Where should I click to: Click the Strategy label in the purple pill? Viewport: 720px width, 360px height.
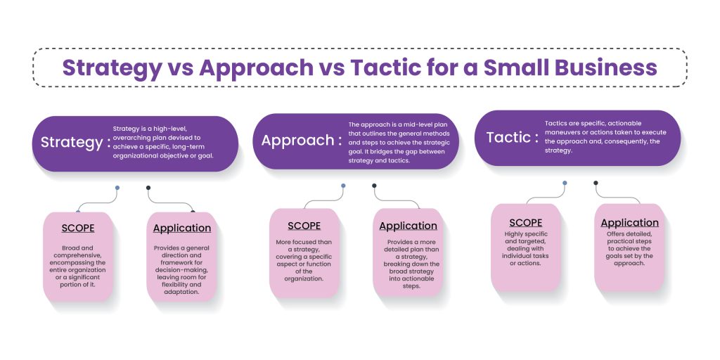pyautogui.click(x=71, y=143)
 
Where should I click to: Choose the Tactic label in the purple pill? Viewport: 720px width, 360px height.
pyautogui.click(x=508, y=136)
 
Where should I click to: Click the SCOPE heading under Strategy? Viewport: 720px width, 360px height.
pyautogui.click(x=77, y=228)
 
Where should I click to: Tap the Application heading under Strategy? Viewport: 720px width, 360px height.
pyautogui.click(x=182, y=228)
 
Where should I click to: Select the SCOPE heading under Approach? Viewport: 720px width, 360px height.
pyautogui.click(x=304, y=226)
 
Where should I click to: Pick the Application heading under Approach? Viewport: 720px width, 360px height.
pyautogui.click(x=408, y=226)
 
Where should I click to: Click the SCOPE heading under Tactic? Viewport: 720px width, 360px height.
pyautogui.click(x=525, y=222)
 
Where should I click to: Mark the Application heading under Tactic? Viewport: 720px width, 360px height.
pyautogui.click(x=629, y=223)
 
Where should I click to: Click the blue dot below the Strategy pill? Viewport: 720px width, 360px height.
pyautogui.click(x=117, y=188)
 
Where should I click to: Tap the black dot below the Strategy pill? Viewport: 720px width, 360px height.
pyautogui.click(x=148, y=188)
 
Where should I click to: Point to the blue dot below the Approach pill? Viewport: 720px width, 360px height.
pyautogui.click(x=343, y=186)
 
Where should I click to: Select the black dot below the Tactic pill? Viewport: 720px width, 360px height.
pyautogui.click(x=596, y=184)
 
